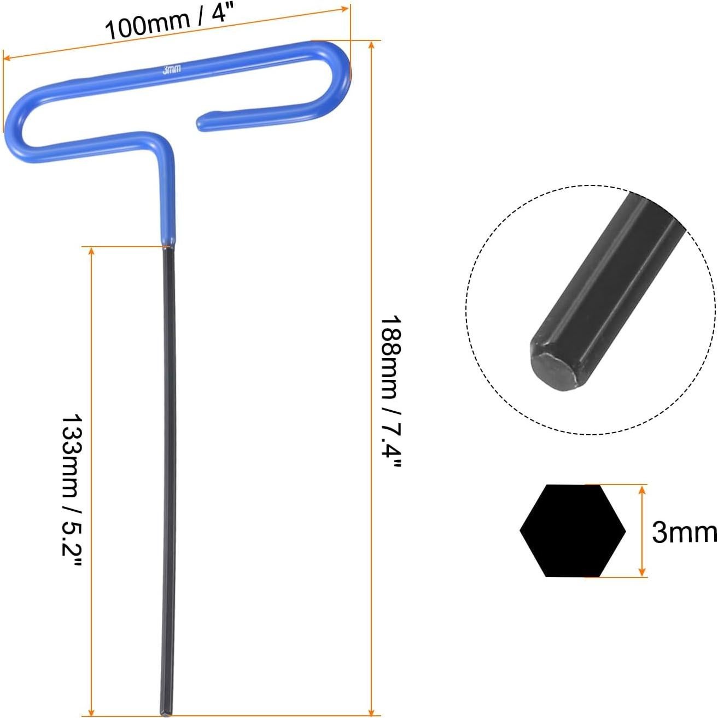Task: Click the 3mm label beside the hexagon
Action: click(x=684, y=532)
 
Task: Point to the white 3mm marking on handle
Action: click(x=172, y=70)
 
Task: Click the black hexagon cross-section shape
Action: click(x=573, y=530)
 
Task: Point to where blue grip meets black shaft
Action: click(x=168, y=246)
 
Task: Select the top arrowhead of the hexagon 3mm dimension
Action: click(x=643, y=489)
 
